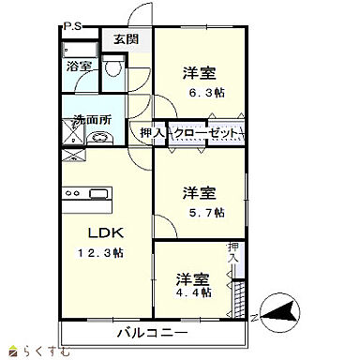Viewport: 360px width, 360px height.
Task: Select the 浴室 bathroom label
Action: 79,67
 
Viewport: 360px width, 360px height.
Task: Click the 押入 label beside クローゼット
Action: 151,133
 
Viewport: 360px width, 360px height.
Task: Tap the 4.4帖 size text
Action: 193,292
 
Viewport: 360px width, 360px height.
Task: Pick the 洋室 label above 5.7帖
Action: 200,194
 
